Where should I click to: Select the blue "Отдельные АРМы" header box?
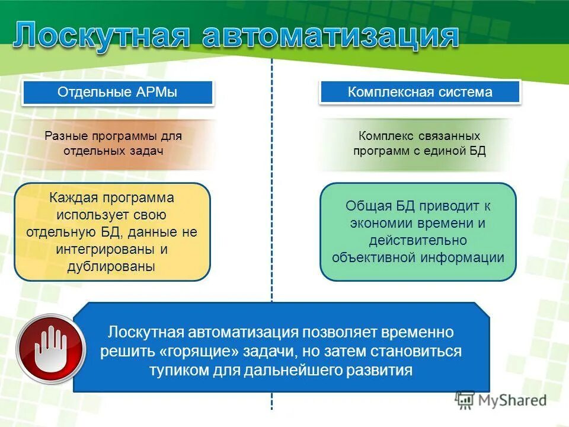[117, 93]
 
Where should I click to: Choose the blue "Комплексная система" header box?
[420, 93]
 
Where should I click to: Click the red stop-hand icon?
[43, 348]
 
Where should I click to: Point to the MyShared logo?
[501, 400]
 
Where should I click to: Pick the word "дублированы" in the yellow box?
[112, 266]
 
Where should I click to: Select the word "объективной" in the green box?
[375, 257]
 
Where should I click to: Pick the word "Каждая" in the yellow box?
[76, 197]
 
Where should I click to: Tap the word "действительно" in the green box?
[418, 240]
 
